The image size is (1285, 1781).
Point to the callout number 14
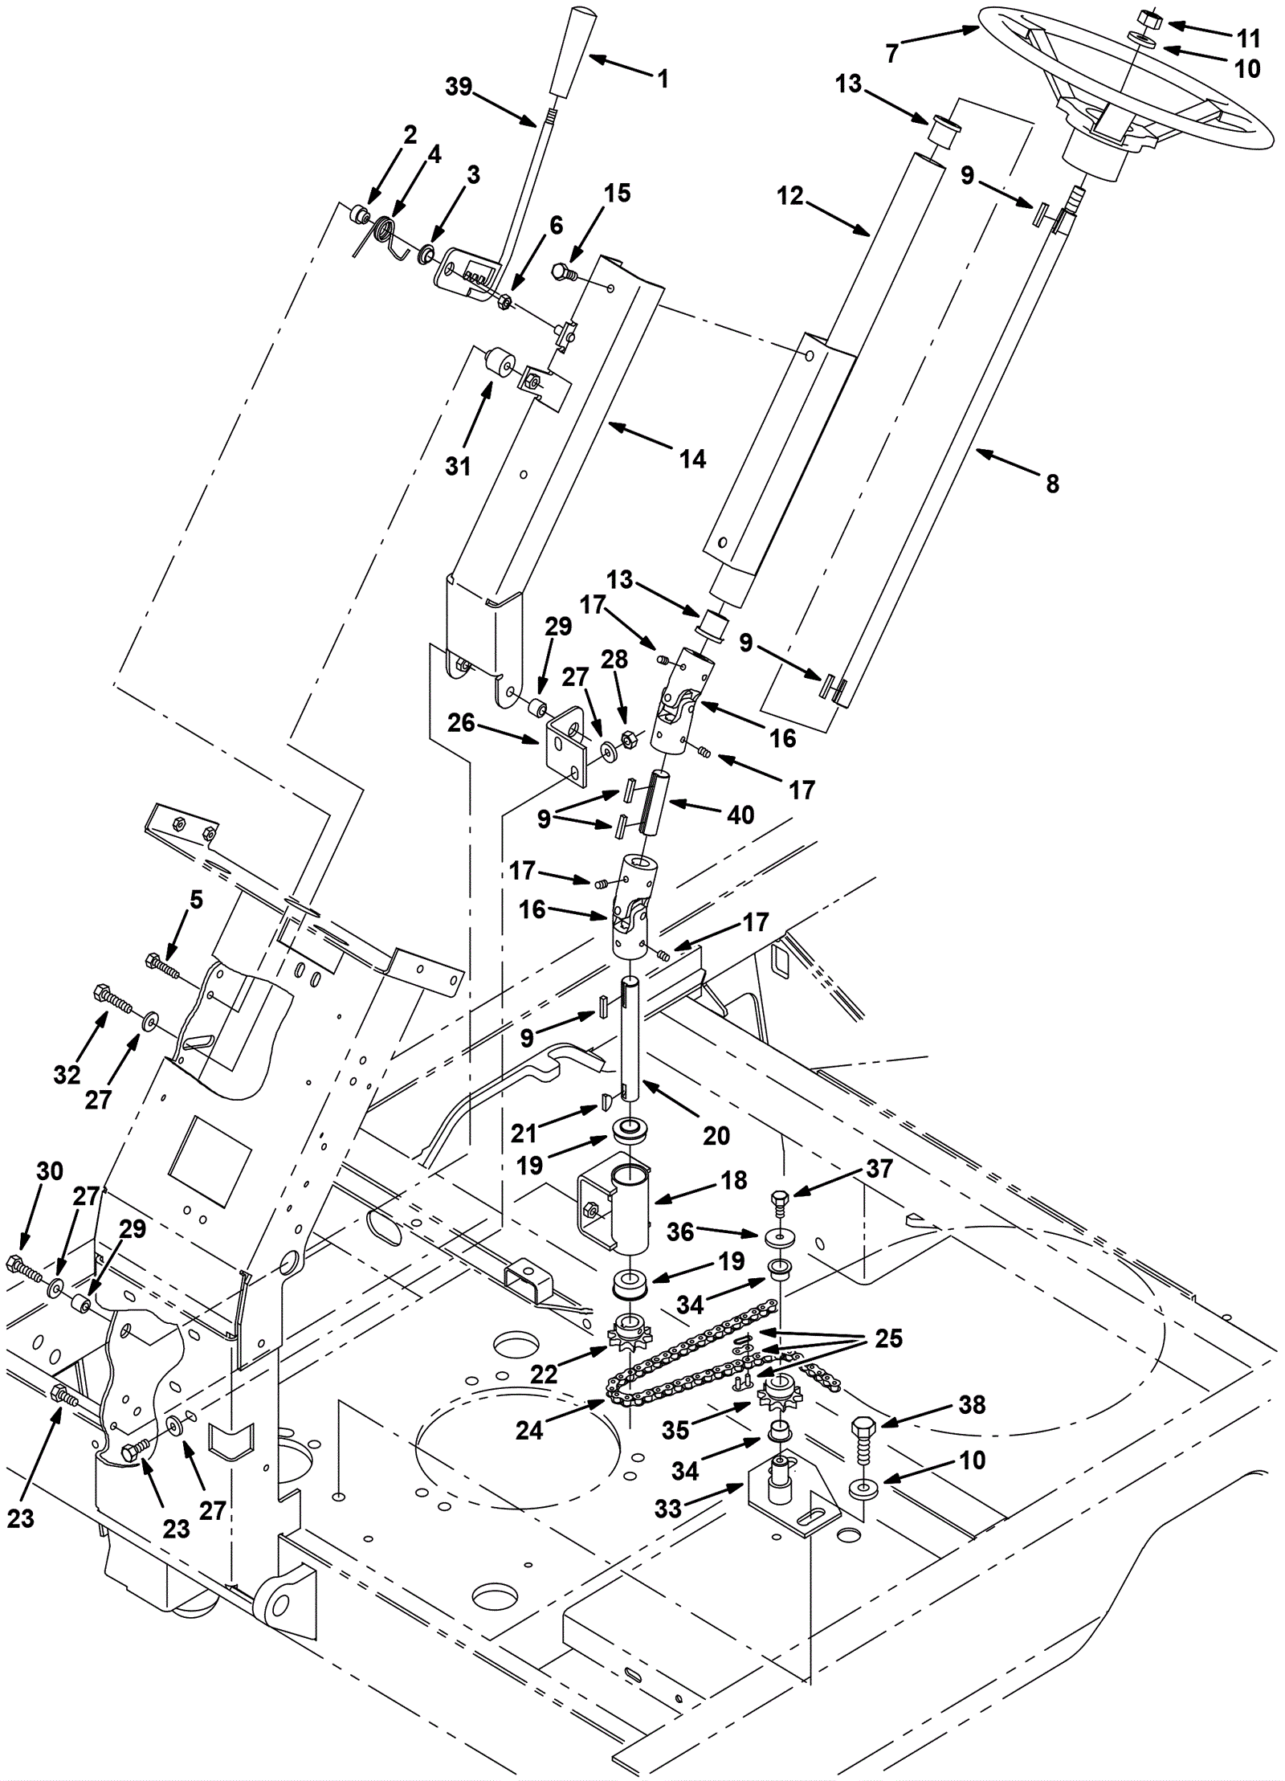692,459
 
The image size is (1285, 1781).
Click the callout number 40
740,815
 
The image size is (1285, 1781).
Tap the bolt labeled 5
162,964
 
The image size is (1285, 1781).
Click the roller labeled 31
498,362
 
